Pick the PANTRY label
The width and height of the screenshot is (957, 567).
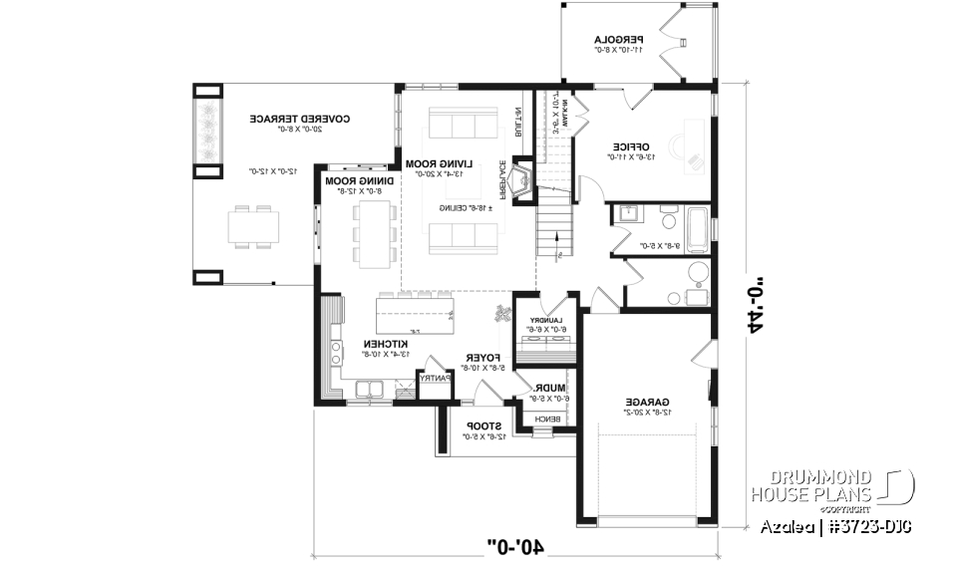(435, 379)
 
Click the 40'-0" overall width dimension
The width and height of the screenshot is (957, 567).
(515, 545)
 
